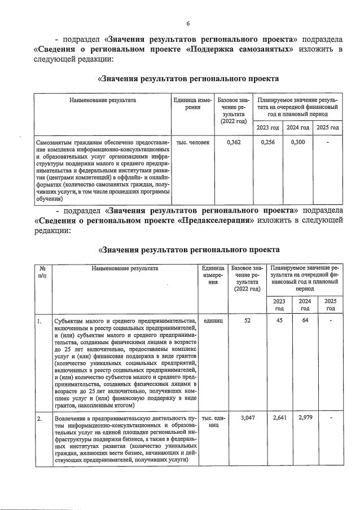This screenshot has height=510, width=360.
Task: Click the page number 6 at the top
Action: click(187, 23)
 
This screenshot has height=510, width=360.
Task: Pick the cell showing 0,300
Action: click(298, 142)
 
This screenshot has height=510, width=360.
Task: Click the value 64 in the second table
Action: click(305, 321)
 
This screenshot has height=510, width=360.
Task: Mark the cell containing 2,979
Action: click(305, 417)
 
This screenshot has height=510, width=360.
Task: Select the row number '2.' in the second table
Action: click(39, 418)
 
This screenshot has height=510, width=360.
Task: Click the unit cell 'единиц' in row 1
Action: click(212, 321)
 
